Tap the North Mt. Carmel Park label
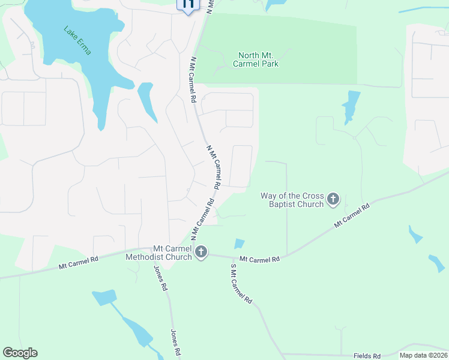coord(258,59)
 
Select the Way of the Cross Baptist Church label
coord(292,200)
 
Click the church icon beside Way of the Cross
coord(334,199)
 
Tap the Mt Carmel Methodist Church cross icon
coord(201,253)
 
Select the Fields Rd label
coord(367,356)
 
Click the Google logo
coord(20,353)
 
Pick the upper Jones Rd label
coord(160,278)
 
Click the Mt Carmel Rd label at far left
coord(78,263)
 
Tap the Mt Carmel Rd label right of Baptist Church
coord(352,215)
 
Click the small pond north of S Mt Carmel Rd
coord(239,244)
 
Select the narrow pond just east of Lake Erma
coord(146,101)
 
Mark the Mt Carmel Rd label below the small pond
coord(259,259)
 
